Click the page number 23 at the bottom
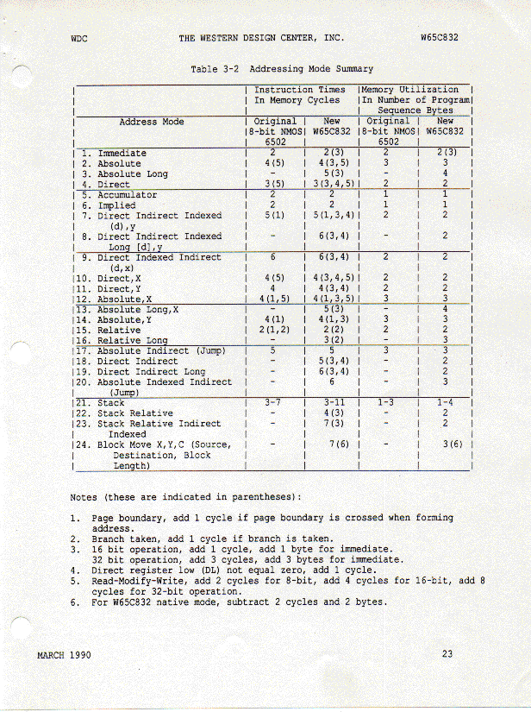[x=447, y=653]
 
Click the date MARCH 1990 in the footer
[x=65, y=654]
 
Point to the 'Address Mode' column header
[x=151, y=122]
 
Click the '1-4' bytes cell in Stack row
[x=446, y=403]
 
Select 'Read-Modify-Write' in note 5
[x=131, y=581]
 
